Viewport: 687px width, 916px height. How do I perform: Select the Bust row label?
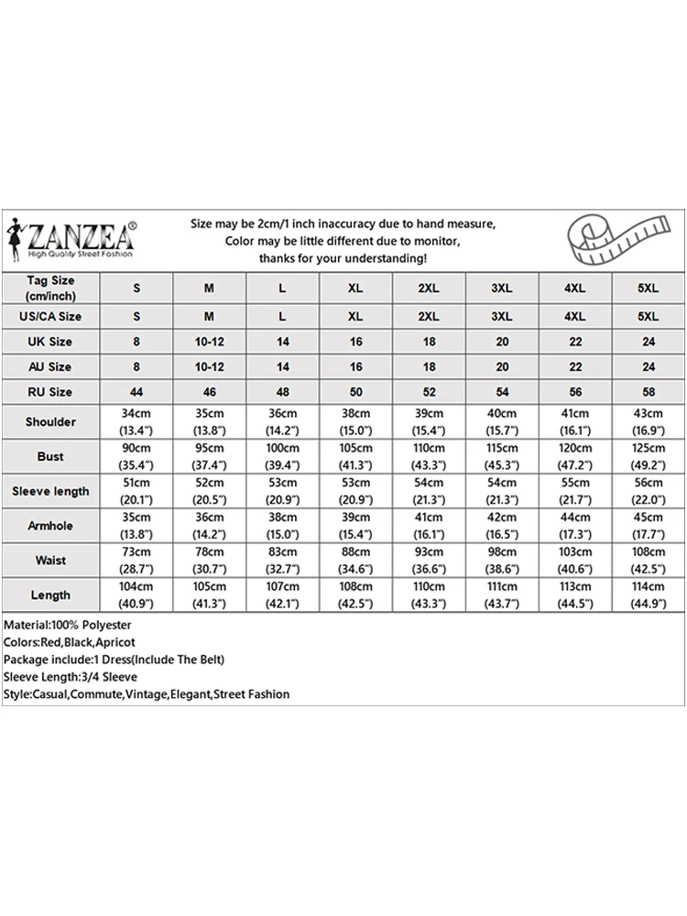pos(50,456)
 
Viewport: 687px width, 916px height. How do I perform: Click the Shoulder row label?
pos(50,421)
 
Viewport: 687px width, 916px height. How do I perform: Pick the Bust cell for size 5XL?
pos(649,456)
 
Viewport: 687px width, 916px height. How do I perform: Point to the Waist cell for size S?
pos(136,561)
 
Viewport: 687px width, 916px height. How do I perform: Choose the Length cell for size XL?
pos(355,595)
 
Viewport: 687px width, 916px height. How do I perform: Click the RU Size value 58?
pos(649,391)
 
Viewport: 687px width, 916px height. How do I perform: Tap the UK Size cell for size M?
pos(209,342)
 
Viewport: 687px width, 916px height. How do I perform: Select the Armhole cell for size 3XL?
pos(502,526)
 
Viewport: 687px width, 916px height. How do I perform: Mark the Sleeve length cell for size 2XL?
pos(429,491)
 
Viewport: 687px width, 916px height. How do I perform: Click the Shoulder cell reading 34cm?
pos(136,421)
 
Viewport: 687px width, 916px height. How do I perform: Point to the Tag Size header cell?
pos(50,288)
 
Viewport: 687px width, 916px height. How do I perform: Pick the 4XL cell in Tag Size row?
pos(575,288)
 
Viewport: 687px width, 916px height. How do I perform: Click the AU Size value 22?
pos(575,366)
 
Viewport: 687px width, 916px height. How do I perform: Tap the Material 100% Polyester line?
pos(68,625)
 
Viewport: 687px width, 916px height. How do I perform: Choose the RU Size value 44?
pos(136,391)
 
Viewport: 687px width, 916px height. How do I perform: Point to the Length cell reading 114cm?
pos(649,595)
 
